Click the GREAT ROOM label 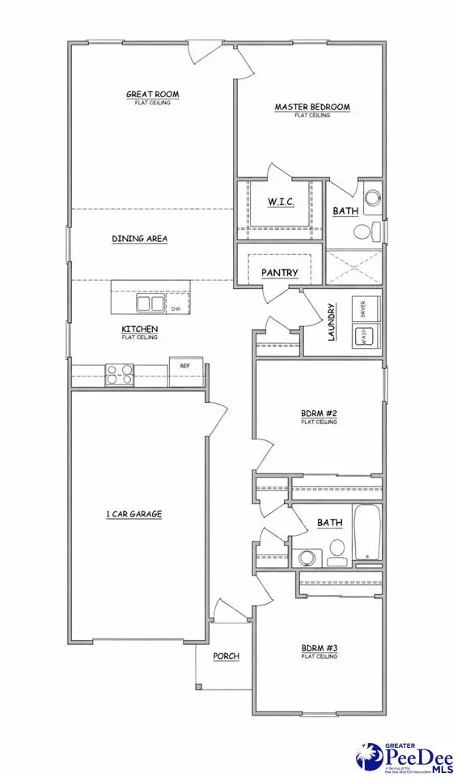pos(152,95)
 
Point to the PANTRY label pos(280,273)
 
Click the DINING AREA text pos(139,239)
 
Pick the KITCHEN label pos(139,329)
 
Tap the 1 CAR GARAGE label pos(134,514)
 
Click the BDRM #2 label pos(319,414)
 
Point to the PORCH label pos(226,656)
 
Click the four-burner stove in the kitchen pos(120,374)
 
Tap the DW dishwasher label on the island pos(176,308)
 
